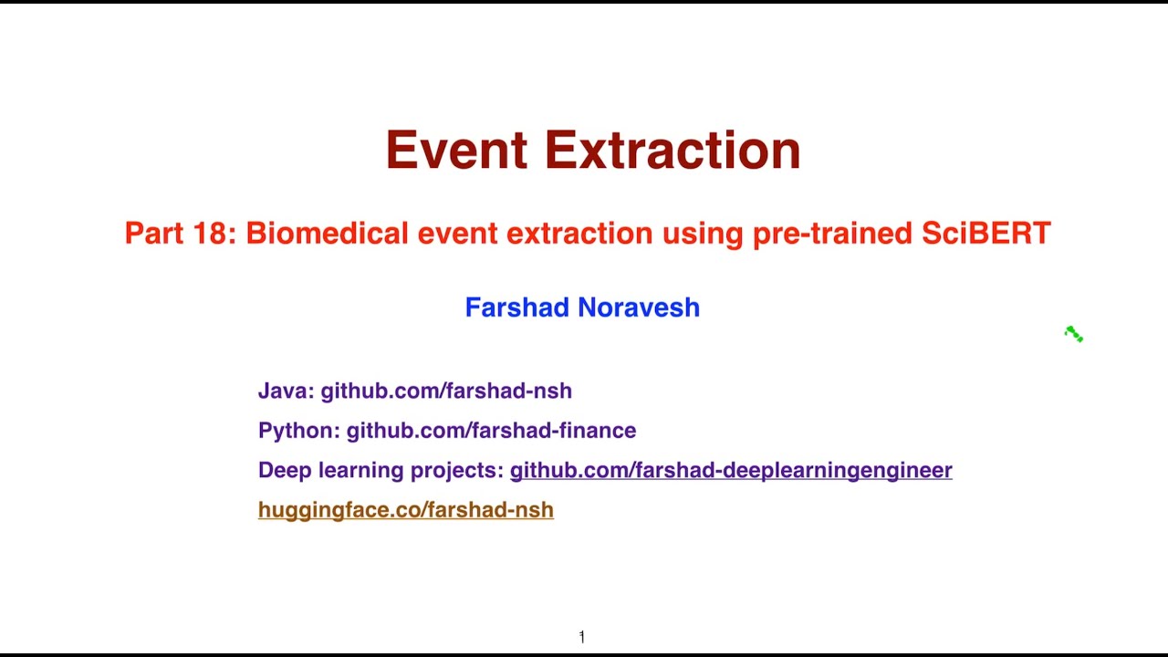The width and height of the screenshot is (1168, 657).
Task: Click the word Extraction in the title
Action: pos(673,151)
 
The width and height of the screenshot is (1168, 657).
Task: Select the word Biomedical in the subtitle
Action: pos(327,234)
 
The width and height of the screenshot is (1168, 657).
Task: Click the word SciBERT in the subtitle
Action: pos(985,234)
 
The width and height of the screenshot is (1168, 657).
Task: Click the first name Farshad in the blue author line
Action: pos(517,308)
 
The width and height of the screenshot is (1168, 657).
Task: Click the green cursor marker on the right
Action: pos(1074,335)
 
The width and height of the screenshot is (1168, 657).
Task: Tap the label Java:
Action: pos(286,391)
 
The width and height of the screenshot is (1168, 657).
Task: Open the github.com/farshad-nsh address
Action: pos(446,391)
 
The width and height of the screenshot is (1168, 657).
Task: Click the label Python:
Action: pos(298,431)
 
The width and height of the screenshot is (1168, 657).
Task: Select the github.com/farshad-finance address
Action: pos(491,431)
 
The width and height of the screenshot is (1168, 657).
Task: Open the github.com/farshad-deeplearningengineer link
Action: pos(730,470)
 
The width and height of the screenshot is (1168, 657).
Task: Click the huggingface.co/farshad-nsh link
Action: pos(405,510)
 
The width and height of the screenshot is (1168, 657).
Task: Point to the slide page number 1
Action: pos(581,637)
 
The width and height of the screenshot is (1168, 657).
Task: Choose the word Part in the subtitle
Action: pos(155,234)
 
